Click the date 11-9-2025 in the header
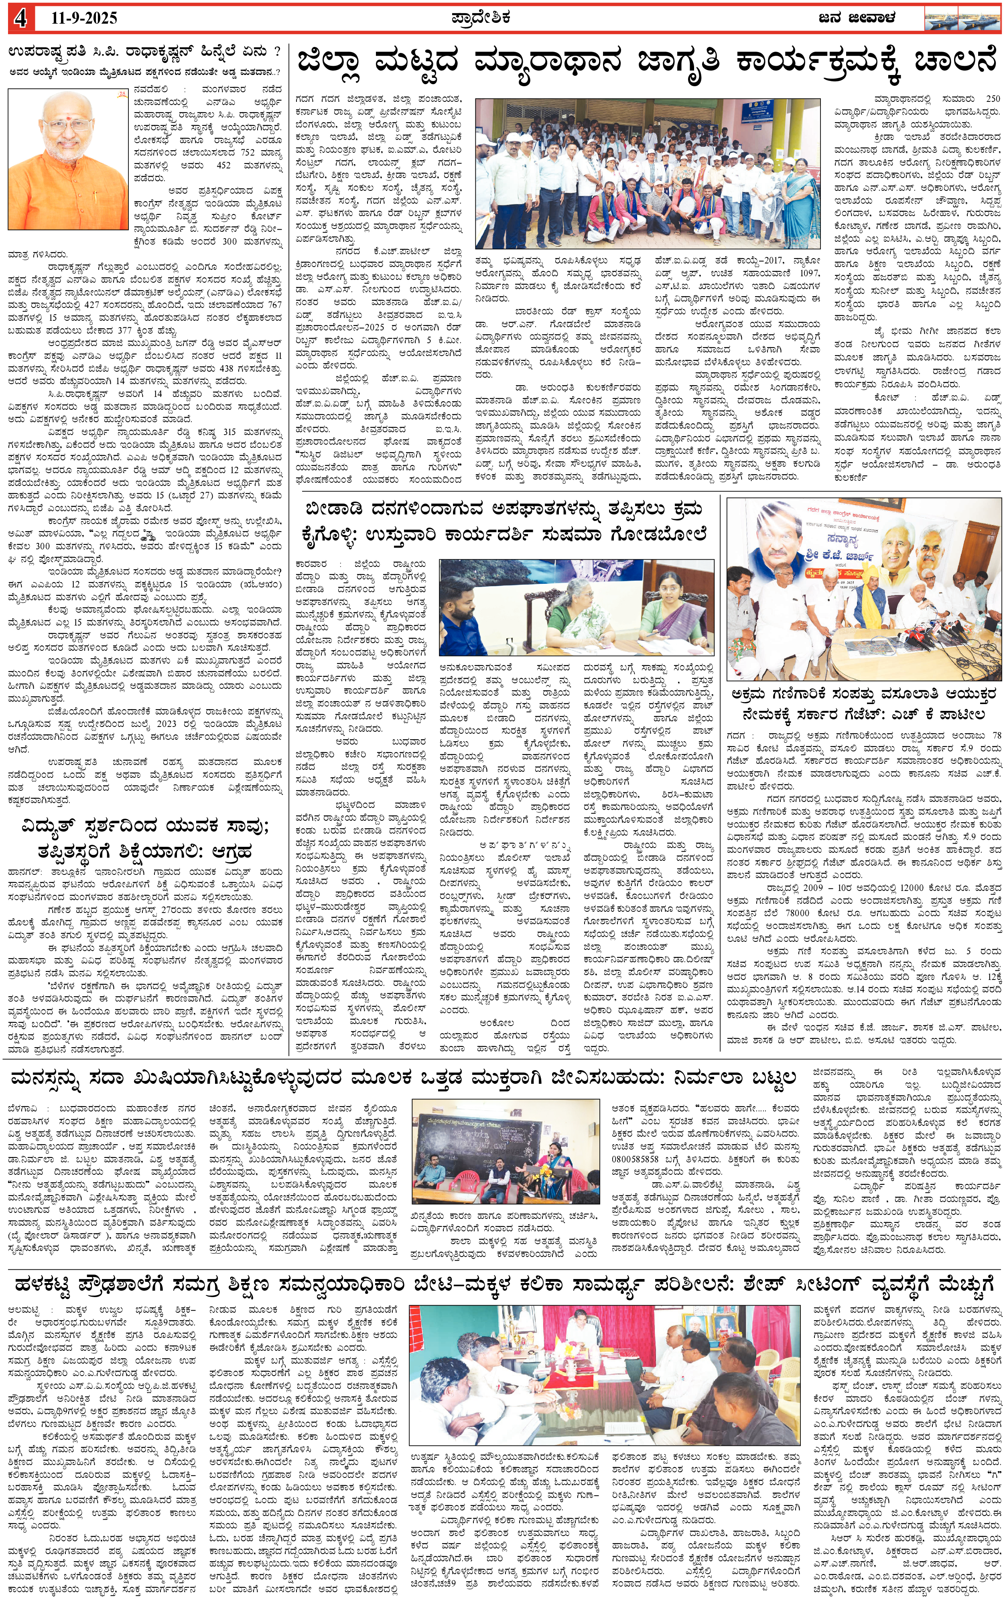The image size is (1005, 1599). pos(84,18)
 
